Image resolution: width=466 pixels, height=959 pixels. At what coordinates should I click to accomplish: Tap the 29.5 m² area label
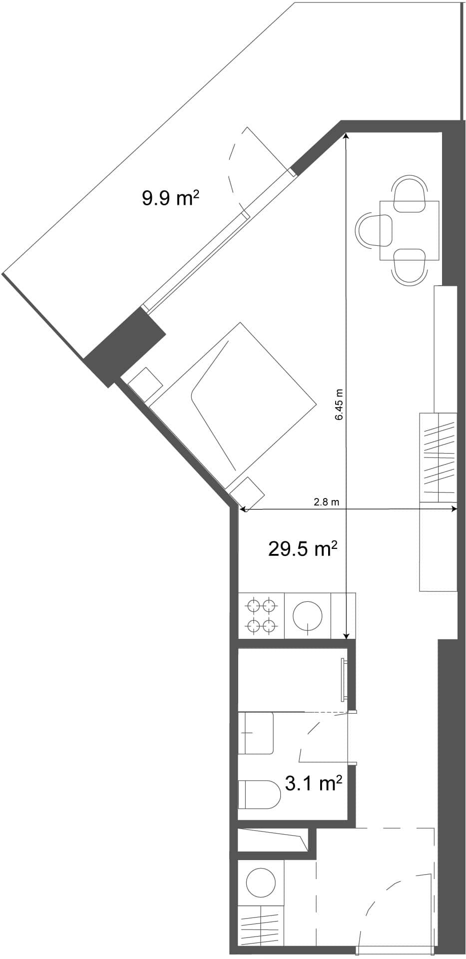point(303,549)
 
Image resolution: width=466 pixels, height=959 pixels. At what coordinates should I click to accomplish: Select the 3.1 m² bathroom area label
point(313,783)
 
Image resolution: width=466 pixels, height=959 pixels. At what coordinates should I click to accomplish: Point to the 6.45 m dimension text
point(339,405)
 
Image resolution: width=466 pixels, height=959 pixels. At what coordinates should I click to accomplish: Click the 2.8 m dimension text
point(326,502)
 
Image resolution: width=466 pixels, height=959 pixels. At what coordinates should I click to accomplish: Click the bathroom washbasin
point(256,733)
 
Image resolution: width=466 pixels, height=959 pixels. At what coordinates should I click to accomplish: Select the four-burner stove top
point(261,615)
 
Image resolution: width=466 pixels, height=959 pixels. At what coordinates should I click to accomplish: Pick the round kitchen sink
point(307,615)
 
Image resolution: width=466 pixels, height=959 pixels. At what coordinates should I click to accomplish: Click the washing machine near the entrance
point(261,883)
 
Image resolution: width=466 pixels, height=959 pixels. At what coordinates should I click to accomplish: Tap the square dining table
point(410,230)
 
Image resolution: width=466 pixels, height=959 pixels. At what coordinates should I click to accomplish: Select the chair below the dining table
point(410,267)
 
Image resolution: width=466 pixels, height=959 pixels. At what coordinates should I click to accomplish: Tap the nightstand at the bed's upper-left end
point(145,384)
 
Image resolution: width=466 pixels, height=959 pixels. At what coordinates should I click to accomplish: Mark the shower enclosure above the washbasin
point(292,680)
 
